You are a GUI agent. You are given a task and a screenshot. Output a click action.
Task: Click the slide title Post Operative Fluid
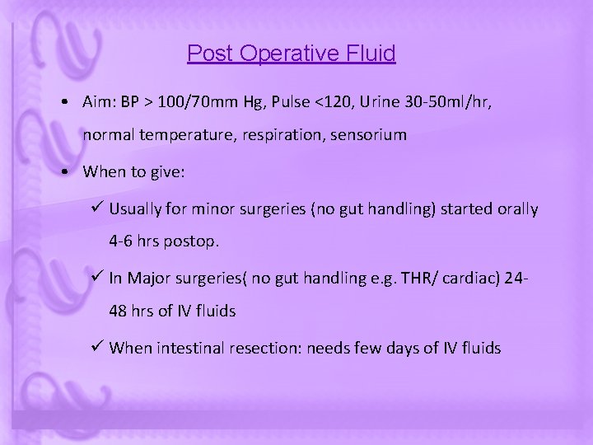[x=291, y=54]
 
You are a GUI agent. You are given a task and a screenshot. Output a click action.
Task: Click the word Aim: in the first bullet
[x=101, y=102]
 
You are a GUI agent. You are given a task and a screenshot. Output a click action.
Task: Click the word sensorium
[x=365, y=134]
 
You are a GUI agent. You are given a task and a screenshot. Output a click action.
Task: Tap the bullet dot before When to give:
[x=63, y=172]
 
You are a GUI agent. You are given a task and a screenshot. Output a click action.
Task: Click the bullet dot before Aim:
[x=63, y=103]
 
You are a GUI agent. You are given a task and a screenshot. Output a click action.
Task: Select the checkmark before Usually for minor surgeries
[x=97, y=208]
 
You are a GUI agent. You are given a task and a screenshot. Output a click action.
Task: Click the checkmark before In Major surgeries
[x=97, y=278]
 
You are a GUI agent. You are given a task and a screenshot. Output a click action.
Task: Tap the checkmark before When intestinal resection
[x=97, y=348]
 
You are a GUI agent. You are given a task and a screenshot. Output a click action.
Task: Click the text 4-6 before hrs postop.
[x=121, y=243]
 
